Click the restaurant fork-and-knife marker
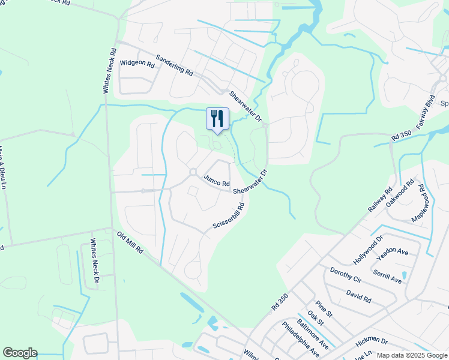click(217, 118)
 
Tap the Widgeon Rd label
click(137, 62)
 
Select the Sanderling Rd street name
click(174, 65)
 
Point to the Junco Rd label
click(217, 180)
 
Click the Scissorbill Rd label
click(229, 216)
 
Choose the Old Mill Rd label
click(131, 242)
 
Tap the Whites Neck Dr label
click(94, 262)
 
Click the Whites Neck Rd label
click(109, 71)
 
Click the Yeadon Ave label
click(392, 254)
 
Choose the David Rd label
click(358, 296)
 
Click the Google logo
click(20, 353)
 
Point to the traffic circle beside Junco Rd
click(193, 172)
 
